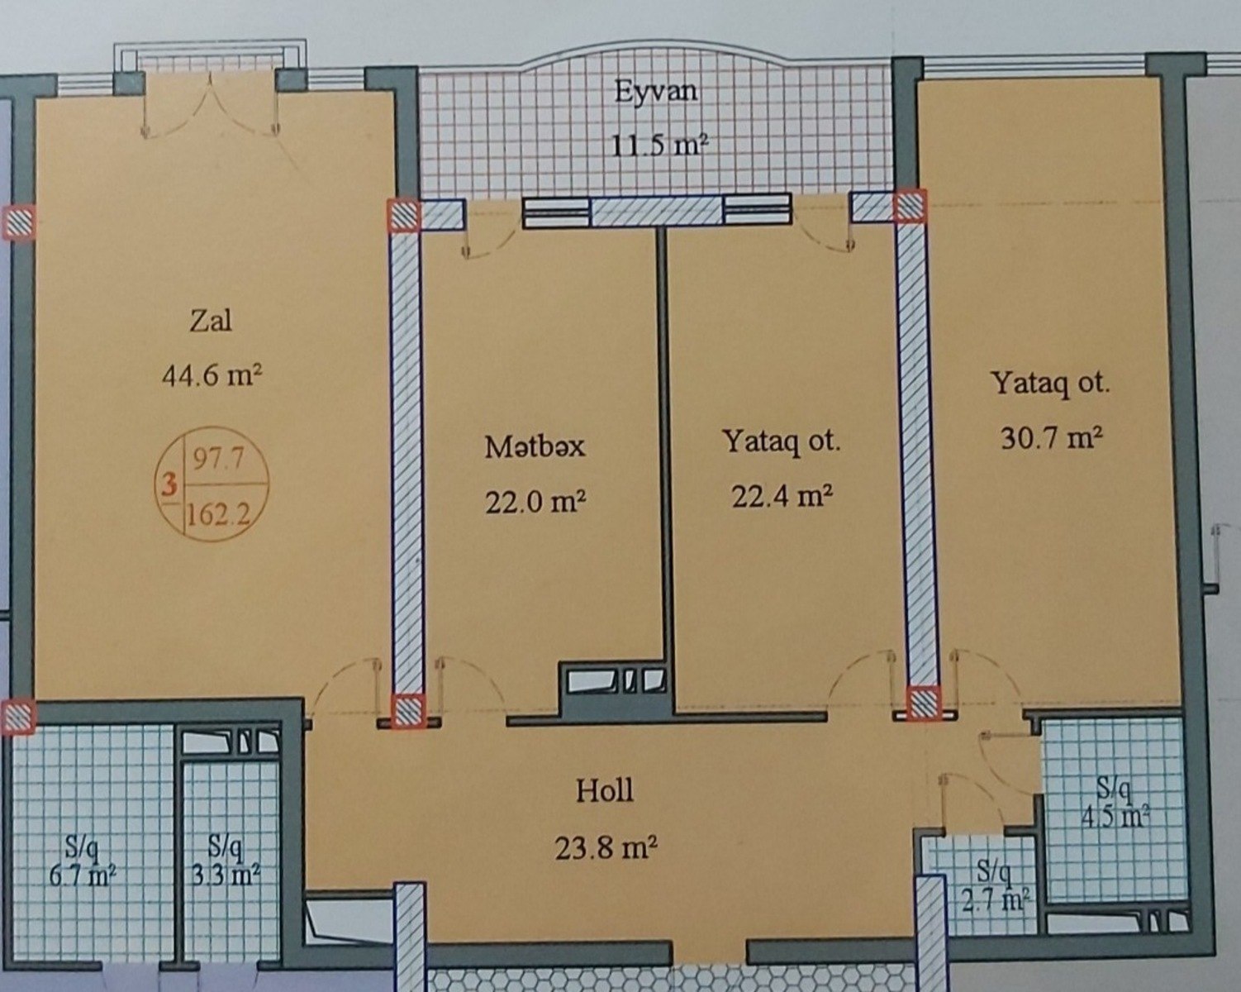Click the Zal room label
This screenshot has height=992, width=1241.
pyautogui.click(x=211, y=321)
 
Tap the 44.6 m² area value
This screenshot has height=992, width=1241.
pyautogui.click(x=212, y=377)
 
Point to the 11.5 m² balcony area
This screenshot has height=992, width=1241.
pyautogui.click(x=659, y=146)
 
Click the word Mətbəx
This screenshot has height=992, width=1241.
pyautogui.click(x=535, y=447)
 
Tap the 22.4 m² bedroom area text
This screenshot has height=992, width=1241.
pyautogui.click(x=782, y=497)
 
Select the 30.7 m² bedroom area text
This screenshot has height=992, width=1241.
pyautogui.click(x=1051, y=439)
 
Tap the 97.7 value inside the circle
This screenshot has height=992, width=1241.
pyautogui.click(x=218, y=460)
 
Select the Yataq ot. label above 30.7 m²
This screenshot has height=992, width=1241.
pyautogui.click(x=1050, y=384)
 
